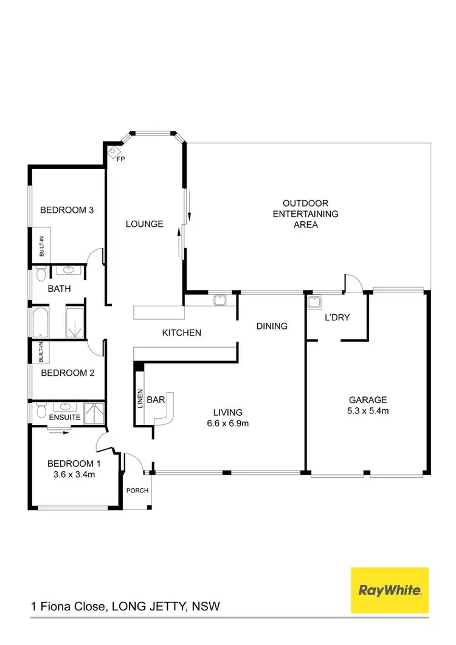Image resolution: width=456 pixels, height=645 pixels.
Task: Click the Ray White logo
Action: click(390, 590)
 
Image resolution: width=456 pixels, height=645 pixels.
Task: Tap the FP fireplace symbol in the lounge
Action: click(114, 153)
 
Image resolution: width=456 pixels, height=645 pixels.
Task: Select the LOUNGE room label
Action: click(144, 224)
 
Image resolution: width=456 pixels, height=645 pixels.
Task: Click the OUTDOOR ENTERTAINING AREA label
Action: click(305, 213)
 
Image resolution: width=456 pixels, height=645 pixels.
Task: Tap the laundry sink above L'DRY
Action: click(314, 302)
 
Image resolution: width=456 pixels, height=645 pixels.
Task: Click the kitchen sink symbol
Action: click(220, 299)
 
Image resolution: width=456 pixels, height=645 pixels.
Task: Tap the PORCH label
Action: click(137, 491)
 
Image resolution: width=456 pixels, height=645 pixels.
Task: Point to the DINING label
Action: click(271, 326)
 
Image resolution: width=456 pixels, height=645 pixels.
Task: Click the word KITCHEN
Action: click(181, 333)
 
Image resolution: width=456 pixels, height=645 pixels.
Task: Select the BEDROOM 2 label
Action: click(67, 373)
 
